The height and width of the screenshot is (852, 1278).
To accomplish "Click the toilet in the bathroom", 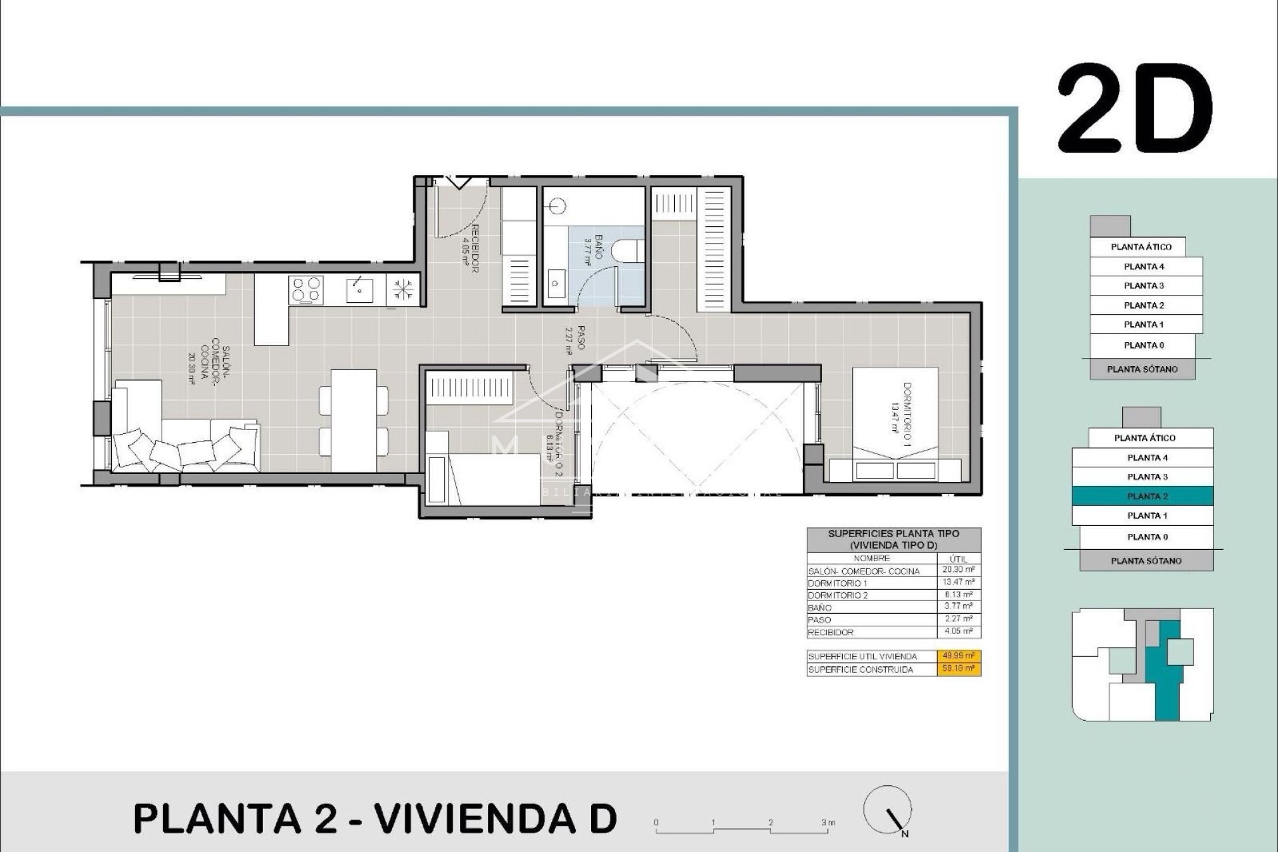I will point(627,251).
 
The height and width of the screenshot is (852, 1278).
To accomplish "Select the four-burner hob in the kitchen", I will point(306,290).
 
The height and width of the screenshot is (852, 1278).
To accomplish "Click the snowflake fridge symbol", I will point(402,290).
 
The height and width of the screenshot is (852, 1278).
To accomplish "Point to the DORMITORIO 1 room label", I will point(901,414).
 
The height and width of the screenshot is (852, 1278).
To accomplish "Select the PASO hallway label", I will point(576,338).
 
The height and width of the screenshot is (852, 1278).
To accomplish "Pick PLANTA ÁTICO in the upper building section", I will point(1141,246).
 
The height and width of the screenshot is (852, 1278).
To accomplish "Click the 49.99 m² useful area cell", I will point(958,656).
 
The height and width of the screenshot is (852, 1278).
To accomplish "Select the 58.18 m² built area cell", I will point(958,669).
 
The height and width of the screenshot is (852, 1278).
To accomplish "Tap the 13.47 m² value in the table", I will point(958,582).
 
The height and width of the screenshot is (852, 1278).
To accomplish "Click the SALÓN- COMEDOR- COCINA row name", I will point(863,571).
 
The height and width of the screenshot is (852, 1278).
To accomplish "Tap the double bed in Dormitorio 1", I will point(895,426).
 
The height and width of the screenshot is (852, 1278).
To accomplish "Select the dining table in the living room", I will point(353,419).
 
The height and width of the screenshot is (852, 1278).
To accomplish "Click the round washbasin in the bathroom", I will point(558,206).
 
